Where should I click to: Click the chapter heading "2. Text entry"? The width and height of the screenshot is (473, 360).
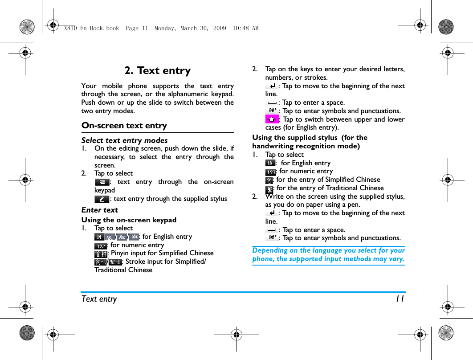(157, 70)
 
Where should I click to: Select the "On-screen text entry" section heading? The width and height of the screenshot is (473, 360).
(124, 126)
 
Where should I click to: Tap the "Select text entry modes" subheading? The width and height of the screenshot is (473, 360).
(124, 140)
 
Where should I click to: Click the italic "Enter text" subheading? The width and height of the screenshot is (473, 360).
(99, 210)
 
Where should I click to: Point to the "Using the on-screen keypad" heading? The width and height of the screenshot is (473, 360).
(129, 220)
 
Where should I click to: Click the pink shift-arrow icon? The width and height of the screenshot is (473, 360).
(272, 119)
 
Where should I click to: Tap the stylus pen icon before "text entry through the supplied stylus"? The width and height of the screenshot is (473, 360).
(102, 199)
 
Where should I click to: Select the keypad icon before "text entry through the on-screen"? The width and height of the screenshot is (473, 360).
(102, 182)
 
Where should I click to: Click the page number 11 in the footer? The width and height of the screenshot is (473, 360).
(400, 299)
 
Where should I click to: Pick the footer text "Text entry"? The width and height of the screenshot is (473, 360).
(99, 299)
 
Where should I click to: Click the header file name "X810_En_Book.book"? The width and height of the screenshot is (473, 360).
(91, 28)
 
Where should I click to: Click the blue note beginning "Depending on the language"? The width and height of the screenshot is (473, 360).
(328, 254)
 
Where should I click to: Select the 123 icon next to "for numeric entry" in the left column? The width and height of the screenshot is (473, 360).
(100, 245)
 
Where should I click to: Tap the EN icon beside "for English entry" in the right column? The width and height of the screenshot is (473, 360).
(270, 163)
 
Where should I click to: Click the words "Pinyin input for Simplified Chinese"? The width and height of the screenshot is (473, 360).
(162, 253)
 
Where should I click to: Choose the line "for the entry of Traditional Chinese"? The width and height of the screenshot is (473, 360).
(330, 188)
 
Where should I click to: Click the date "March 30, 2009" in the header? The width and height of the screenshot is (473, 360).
(203, 28)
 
